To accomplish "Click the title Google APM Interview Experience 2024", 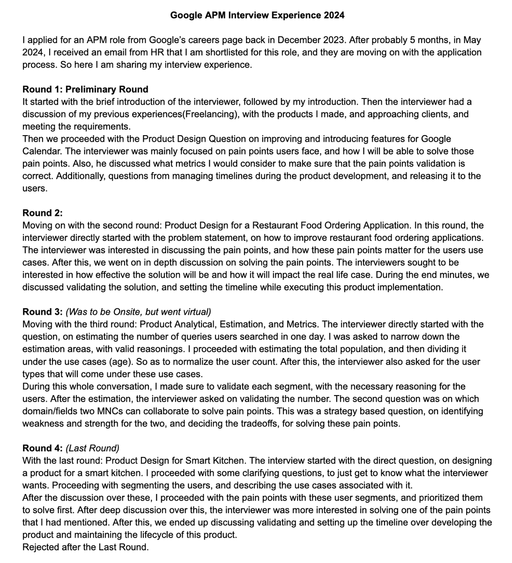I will pos(257,15).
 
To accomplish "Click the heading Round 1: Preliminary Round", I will pos(85,90).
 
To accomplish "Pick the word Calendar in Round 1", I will pos(42,151).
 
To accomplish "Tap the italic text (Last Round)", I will pos(92,448).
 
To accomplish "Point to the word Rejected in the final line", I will pos(40,547).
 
